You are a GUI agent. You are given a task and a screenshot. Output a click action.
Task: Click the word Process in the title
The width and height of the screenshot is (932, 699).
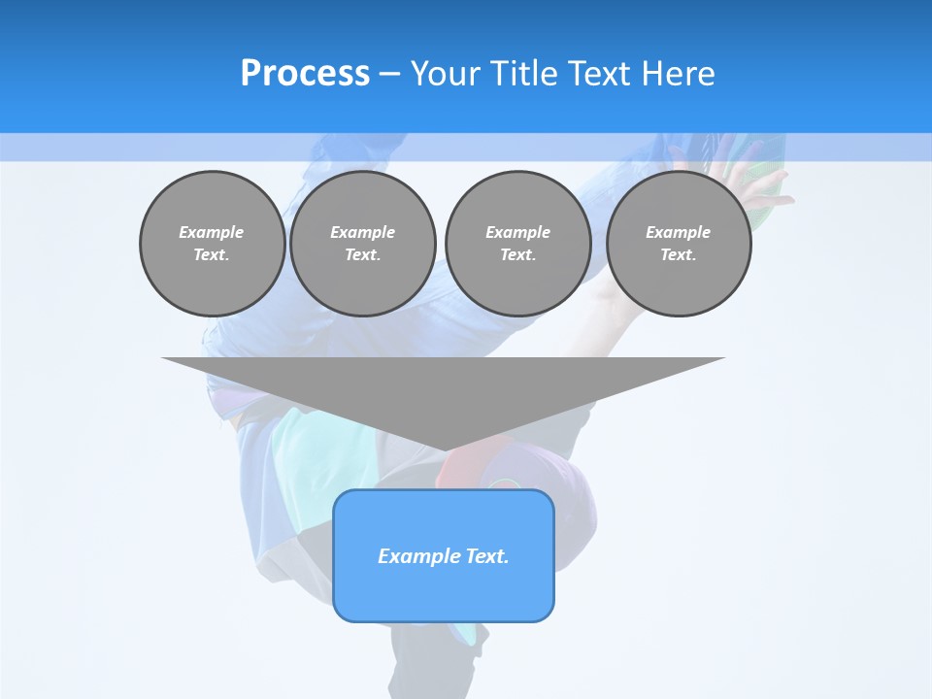305,74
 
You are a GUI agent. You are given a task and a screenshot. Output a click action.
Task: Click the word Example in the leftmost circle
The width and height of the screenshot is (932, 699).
212,232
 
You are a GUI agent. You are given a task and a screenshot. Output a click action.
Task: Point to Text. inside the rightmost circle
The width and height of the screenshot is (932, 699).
678,255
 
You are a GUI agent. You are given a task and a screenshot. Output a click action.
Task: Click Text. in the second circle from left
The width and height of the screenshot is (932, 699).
362,255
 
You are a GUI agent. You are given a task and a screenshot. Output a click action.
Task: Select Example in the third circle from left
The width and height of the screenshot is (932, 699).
517,232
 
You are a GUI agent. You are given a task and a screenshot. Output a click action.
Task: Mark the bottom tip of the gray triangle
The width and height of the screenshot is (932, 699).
445,449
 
